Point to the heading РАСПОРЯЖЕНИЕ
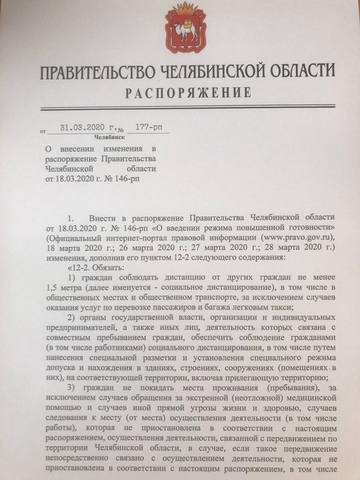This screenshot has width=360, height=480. pyautogui.click(x=188, y=93)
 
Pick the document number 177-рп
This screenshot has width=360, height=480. pyautogui.click(x=148, y=128)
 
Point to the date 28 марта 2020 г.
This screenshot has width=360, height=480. pyautogui.click(x=292, y=247)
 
